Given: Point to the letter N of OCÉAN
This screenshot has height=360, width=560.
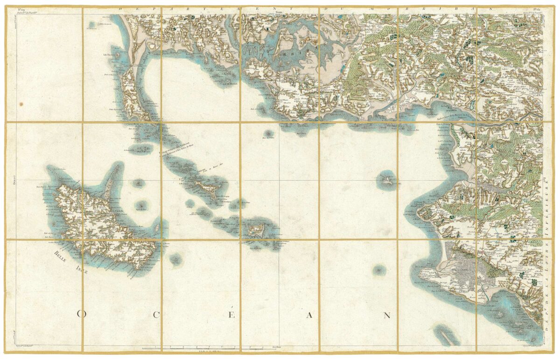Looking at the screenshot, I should (x=387, y=315).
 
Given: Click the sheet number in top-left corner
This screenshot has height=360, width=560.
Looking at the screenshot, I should (x=21, y=9).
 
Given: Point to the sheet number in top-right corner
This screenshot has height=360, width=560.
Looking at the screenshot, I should (x=537, y=9).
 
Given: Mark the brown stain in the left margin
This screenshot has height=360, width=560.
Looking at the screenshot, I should (x=21, y=104).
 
